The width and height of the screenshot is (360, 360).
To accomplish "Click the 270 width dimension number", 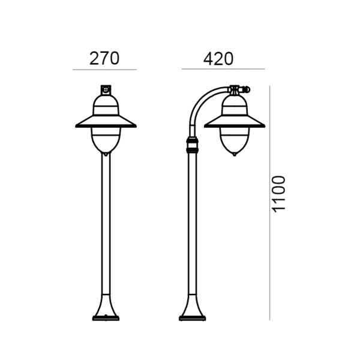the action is click(x=104, y=58).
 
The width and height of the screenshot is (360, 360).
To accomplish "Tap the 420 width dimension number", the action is click(x=218, y=59).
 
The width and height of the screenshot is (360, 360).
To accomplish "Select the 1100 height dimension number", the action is click(x=278, y=194).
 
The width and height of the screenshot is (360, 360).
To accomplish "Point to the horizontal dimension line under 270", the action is click(x=104, y=70).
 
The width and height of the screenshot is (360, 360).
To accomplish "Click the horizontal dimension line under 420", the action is click(x=223, y=69).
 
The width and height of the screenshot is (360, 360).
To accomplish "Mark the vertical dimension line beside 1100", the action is click(x=270, y=203).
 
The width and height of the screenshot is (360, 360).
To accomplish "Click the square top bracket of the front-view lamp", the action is click(x=106, y=90).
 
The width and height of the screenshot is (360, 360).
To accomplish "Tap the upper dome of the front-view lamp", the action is click(x=106, y=105).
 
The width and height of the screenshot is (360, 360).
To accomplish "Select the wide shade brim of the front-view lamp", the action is click(x=106, y=121).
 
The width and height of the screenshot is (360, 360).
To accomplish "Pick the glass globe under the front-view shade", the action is click(x=106, y=141).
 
